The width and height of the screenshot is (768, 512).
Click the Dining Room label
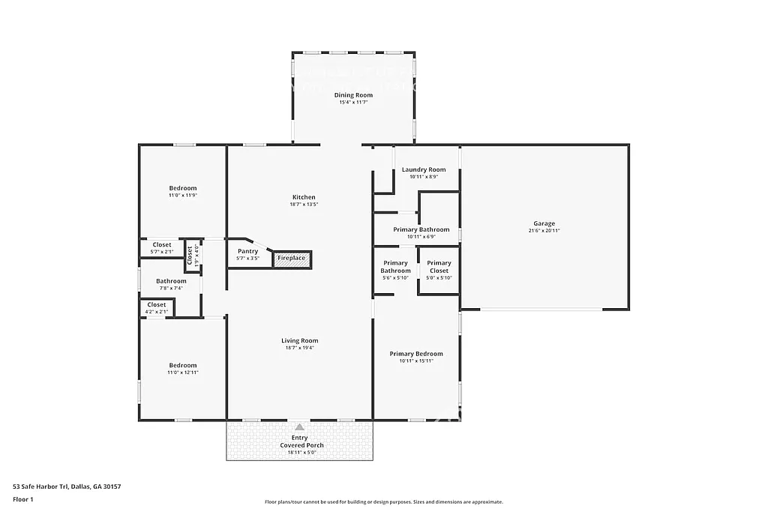(353, 95)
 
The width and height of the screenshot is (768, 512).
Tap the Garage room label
(544, 223)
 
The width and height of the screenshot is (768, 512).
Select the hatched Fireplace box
(292, 259)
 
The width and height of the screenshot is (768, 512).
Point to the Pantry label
(247, 251)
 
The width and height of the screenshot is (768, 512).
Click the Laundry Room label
(423, 169)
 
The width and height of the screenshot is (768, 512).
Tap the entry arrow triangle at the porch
(299, 426)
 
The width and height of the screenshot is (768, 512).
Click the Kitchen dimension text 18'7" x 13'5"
(304, 205)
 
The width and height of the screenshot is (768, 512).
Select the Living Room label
(299, 341)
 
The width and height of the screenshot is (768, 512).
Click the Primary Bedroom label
(415, 354)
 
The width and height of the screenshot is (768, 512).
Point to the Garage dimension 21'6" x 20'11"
(544, 231)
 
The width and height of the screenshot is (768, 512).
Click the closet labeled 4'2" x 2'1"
(157, 307)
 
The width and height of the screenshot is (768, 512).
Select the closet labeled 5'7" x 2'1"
(162, 248)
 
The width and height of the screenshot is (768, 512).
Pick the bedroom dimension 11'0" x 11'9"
(182, 196)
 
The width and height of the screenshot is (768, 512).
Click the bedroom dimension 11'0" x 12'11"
(182, 373)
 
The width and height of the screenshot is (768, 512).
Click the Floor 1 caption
(23, 499)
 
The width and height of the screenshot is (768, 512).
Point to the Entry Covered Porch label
(299, 442)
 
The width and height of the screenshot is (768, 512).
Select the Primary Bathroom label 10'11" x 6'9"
(421, 233)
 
